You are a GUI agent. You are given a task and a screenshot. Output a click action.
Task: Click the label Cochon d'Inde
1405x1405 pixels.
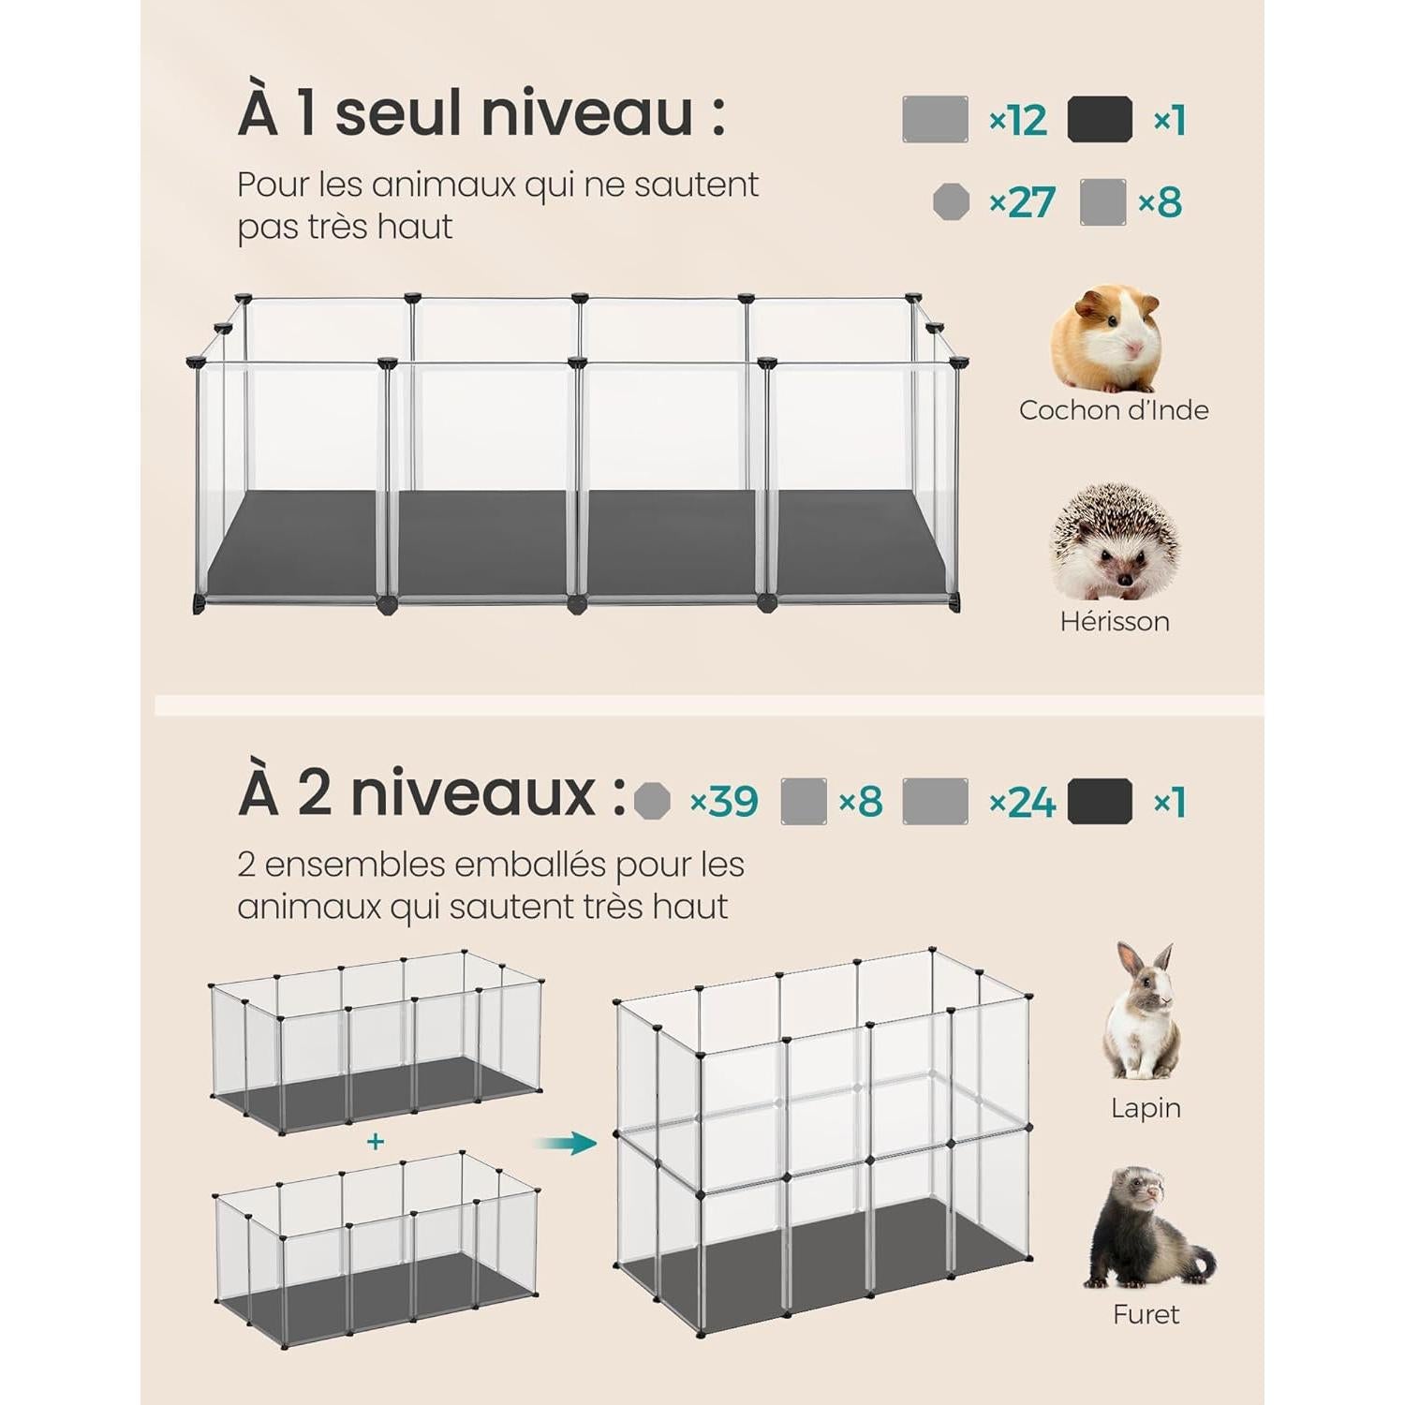pyautogui.click(x=1114, y=410)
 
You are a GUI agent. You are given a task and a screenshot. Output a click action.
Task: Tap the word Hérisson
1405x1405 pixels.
pyautogui.click(x=1115, y=621)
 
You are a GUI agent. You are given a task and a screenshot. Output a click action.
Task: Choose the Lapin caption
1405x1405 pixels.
pyautogui.click(x=1146, y=1108)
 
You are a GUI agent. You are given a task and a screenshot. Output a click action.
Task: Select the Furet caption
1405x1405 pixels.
pyautogui.click(x=1146, y=1314)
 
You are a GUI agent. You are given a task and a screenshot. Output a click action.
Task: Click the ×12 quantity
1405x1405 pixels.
pyautogui.click(x=1018, y=121)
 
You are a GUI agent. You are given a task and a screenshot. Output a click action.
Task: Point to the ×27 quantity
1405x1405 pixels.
pyautogui.click(x=1022, y=202)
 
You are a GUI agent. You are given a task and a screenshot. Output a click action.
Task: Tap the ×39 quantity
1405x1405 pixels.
pyautogui.click(x=723, y=801)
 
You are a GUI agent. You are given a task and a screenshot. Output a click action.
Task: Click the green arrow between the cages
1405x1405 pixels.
pyautogui.click(x=566, y=1143)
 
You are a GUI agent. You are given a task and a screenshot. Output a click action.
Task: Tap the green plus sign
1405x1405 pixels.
pyautogui.click(x=376, y=1142)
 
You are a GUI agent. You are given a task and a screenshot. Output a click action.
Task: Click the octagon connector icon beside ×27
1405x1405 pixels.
pyautogui.click(x=952, y=202)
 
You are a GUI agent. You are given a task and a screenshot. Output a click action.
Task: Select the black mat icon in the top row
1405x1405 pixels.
pyautogui.click(x=1101, y=120)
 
